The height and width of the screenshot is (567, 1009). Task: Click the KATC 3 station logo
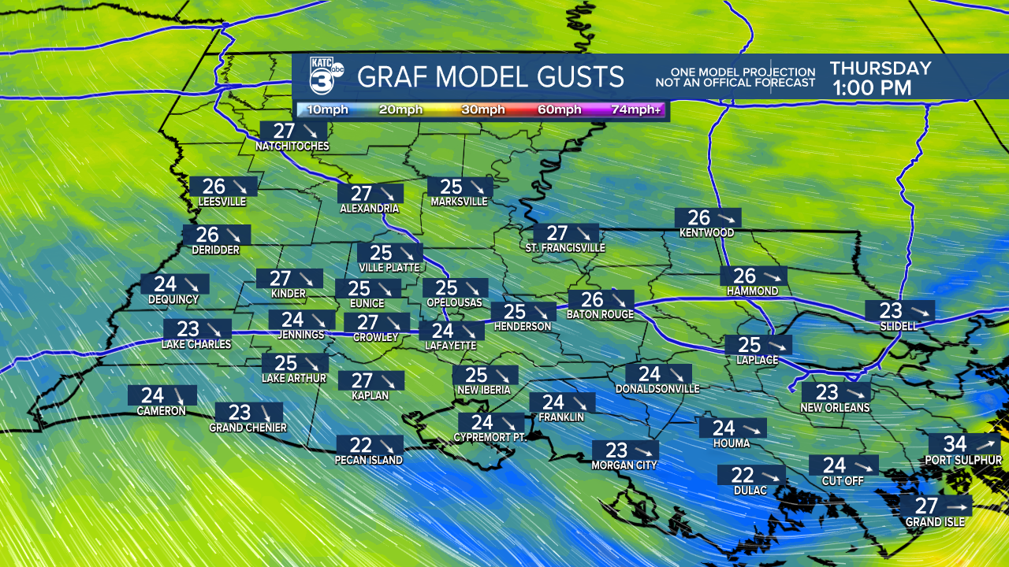point(325,77)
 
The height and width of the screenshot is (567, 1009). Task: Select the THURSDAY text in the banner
point(881,69)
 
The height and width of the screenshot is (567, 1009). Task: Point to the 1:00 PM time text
point(872,88)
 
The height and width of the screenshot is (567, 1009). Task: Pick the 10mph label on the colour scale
point(326,109)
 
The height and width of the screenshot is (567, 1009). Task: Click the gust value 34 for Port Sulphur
point(955,444)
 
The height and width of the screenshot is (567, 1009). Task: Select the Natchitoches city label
point(292,146)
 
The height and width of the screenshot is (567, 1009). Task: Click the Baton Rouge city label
point(600,315)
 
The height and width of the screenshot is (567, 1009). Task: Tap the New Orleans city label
point(835,408)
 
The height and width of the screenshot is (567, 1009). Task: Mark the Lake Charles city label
point(196,344)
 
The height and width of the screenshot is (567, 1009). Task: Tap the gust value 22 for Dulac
point(743,476)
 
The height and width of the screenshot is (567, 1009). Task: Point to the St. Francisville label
point(565,248)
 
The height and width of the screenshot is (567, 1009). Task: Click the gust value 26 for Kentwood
point(699,218)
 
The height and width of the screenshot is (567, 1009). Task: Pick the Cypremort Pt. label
point(490,437)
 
